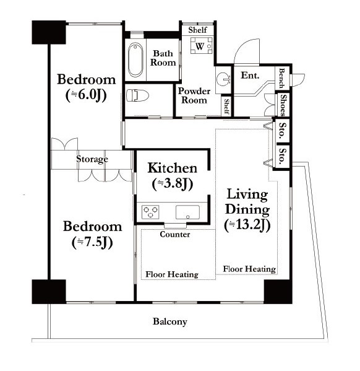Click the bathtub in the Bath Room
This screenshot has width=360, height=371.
coord(135,59)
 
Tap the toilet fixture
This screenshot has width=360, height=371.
coord(137,95)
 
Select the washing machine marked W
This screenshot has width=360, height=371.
coord(202,45)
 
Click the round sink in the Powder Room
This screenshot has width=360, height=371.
coord(223,78)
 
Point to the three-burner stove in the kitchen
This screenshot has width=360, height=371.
coord(150,212)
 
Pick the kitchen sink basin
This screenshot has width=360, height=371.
coord(187,212)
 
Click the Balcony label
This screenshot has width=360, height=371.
coord(170,321)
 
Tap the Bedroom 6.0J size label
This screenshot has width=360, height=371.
coord(86,95)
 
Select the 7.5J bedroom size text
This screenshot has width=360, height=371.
coord(92,242)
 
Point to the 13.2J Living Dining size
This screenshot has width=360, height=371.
coord(247,225)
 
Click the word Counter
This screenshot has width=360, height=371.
coord(175,234)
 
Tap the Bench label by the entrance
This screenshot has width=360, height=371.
coord(281,78)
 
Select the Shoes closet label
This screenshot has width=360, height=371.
coord(283,105)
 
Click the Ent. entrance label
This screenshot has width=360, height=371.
coord(250,76)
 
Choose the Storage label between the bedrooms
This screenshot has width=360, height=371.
coord(92,159)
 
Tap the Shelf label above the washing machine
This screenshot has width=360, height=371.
coord(197,30)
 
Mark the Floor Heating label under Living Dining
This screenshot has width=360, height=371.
coord(249,269)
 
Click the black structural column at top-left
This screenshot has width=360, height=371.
coord(49,32)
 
